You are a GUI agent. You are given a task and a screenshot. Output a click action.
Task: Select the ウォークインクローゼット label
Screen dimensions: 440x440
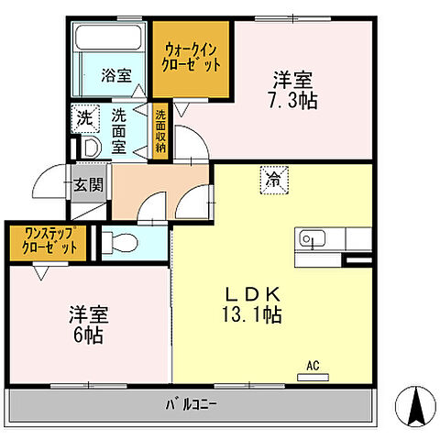click(192, 57)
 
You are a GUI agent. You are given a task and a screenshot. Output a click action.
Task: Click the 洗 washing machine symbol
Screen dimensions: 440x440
click(84, 117)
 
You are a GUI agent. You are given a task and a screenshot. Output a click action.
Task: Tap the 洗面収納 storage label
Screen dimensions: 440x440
click(160, 132)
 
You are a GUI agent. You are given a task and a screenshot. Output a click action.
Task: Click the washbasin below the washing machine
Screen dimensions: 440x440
click(90, 148)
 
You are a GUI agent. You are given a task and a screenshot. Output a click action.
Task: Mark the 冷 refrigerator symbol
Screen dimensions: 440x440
click(273, 179)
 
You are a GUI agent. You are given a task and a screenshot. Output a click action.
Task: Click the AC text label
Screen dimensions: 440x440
click(313, 366)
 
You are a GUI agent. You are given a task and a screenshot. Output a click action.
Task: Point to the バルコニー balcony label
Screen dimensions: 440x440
click(191, 402)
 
